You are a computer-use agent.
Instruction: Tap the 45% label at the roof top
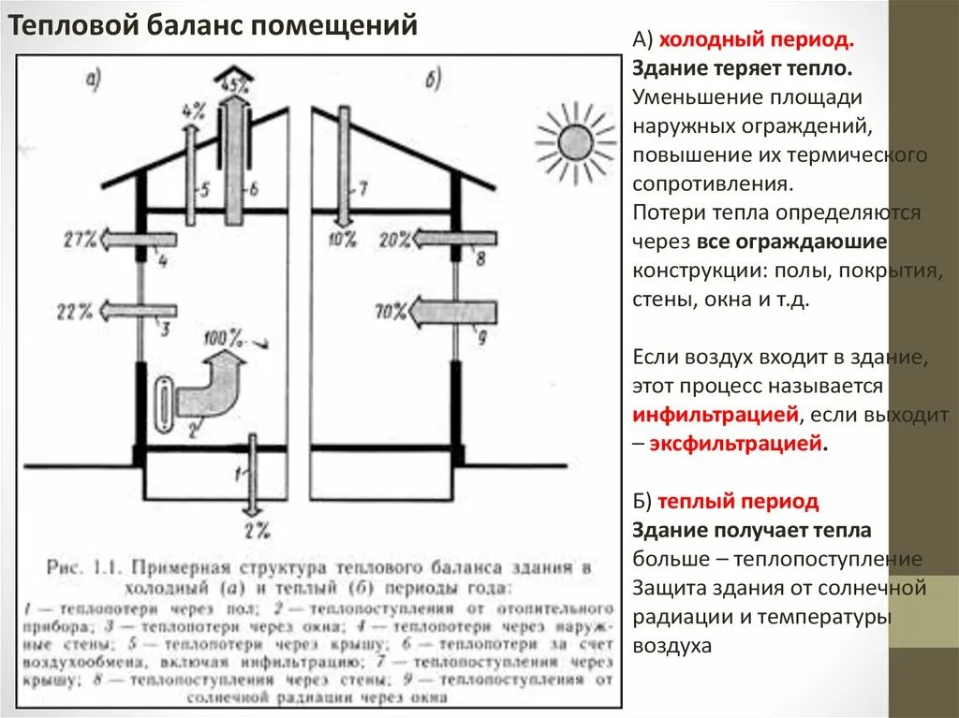[233, 83]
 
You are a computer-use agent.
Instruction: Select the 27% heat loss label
[81, 239]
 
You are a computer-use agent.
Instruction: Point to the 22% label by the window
[79, 310]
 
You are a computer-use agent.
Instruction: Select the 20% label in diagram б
[392, 240]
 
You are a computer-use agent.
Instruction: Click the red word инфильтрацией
[716, 415]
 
